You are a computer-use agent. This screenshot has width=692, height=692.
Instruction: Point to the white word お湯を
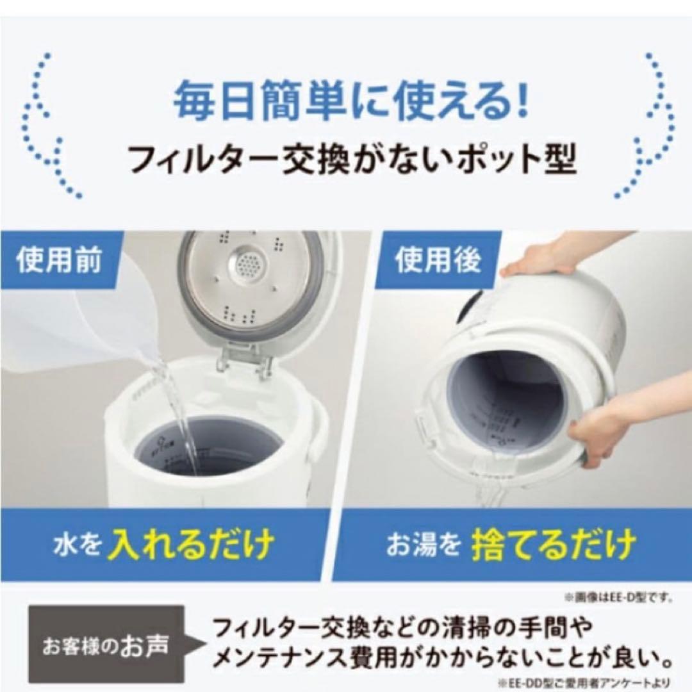[424, 545]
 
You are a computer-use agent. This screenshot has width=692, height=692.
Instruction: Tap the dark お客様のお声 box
[106, 644]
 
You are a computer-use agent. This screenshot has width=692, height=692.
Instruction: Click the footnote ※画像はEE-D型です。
[618, 598]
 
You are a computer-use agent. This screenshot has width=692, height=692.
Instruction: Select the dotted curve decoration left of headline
[48, 125]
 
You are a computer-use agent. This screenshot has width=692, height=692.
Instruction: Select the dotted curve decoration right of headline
[644, 125]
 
